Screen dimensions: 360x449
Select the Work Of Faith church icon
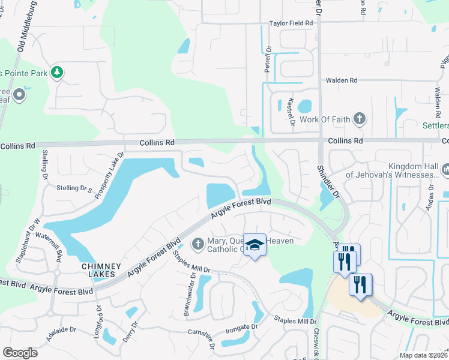pyautogui.click(x=360, y=118)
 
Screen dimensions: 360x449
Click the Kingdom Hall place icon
pyautogui.click(x=445, y=170)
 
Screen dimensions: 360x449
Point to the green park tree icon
pyautogui.click(x=57, y=73)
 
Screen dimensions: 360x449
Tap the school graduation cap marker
pyautogui.click(x=255, y=245)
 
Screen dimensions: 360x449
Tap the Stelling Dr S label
pyautogui.click(x=73, y=189)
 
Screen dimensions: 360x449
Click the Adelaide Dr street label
pyautogui.click(x=61, y=329)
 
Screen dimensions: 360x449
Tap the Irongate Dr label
pyautogui.click(x=241, y=327)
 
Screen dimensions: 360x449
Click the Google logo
pyautogui.click(x=20, y=353)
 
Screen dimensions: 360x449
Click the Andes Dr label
pyautogui.click(x=430, y=197)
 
